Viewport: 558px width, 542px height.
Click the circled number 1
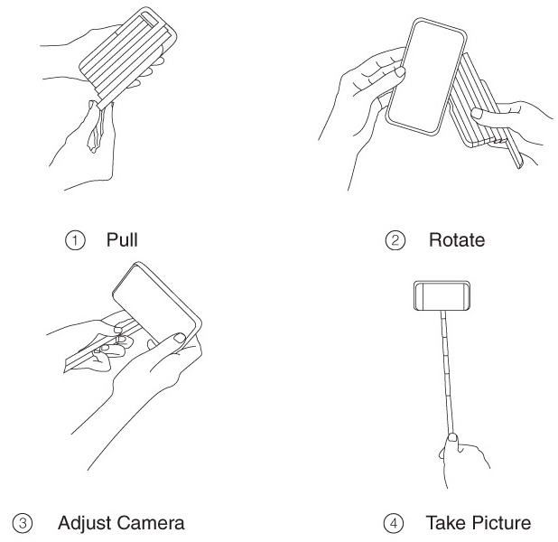[75, 240]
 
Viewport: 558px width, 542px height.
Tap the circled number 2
[395, 240]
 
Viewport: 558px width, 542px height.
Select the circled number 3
[23, 523]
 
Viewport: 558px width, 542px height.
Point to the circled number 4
[394, 523]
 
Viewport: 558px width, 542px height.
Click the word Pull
[122, 239]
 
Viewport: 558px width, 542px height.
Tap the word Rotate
[457, 240]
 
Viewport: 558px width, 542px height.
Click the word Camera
[151, 523]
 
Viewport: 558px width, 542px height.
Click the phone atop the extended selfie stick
[442, 295]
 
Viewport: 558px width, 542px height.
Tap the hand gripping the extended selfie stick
[462, 460]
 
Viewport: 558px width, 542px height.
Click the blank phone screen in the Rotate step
[426, 78]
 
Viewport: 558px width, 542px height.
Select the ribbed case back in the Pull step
[126, 57]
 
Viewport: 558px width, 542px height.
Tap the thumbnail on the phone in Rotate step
[400, 72]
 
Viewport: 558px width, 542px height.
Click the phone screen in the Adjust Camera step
[154, 305]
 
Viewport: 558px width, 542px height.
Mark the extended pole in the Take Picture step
[448, 372]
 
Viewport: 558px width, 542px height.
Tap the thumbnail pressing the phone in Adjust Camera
[179, 338]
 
